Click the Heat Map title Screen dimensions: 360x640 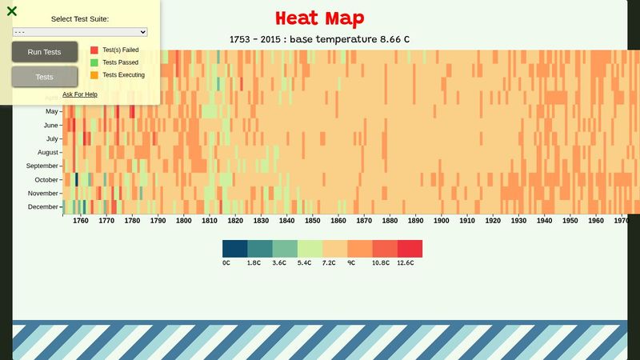point(319,18)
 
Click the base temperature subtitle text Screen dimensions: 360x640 point(319,39)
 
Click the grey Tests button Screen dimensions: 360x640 point(45,77)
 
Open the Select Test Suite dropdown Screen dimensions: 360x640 point(80,32)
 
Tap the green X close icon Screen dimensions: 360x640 point(12,11)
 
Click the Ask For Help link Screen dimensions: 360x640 point(80,94)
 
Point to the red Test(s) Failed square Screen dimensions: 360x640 point(94,50)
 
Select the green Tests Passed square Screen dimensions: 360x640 point(94,62)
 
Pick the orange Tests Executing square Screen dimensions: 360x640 point(94,75)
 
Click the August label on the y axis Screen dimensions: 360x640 point(47,152)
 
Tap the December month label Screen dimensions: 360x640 point(43,207)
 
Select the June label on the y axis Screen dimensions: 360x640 point(50,125)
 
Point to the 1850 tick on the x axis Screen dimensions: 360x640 point(312,221)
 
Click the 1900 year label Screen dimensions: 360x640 point(441,221)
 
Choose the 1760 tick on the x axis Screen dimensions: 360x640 point(81,221)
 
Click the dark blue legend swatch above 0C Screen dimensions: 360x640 point(235,249)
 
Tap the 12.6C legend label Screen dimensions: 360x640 point(406,262)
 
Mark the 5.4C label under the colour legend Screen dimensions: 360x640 point(305,262)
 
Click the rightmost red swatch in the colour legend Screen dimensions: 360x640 point(410,249)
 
